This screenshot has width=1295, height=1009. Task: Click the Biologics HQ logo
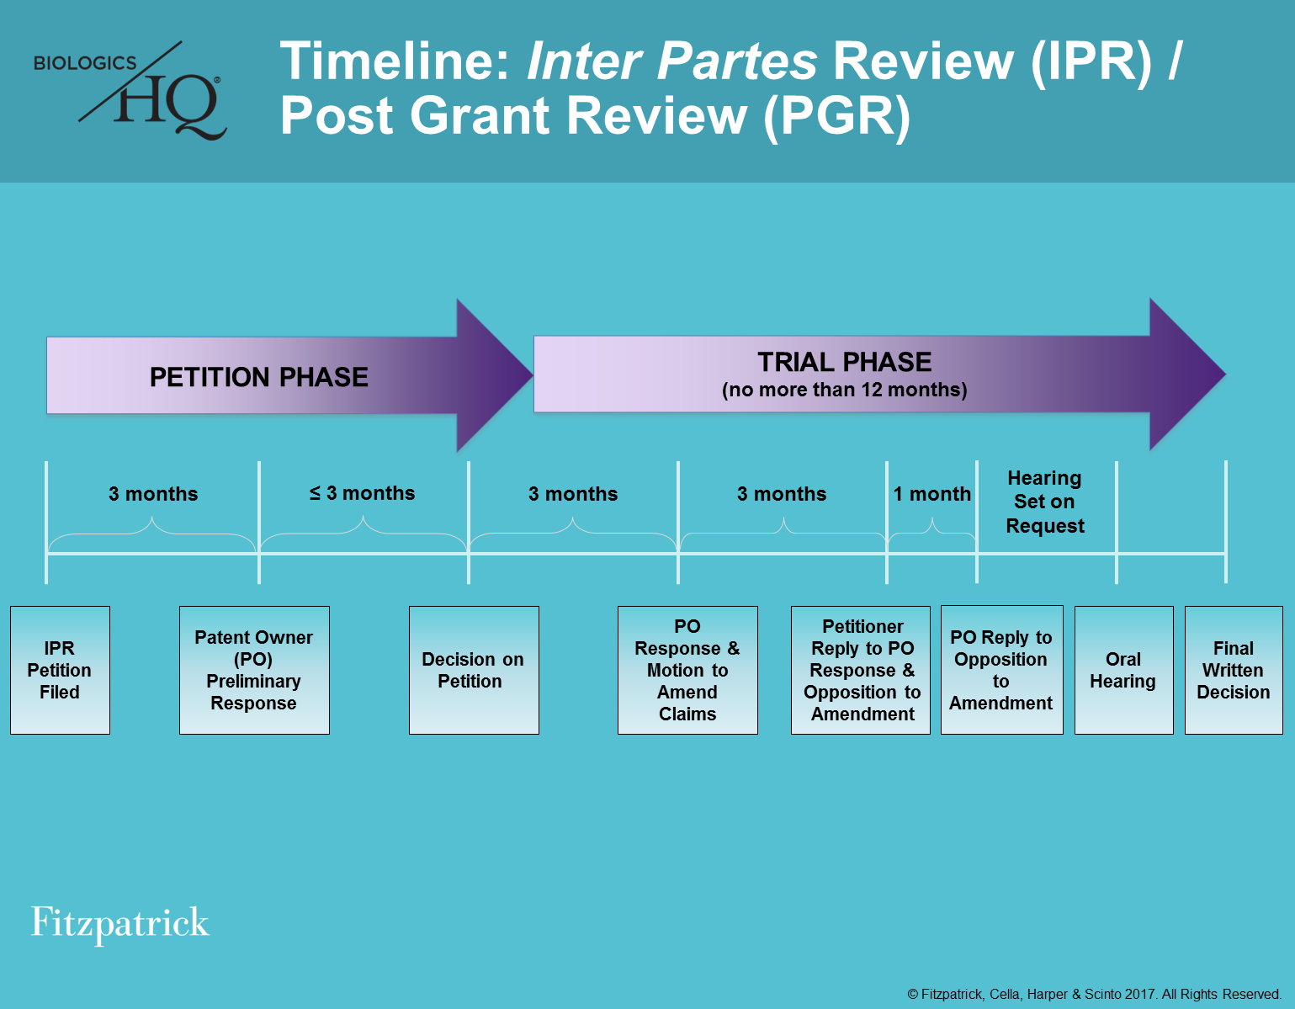(x=130, y=91)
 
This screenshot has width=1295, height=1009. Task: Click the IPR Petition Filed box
(x=60, y=670)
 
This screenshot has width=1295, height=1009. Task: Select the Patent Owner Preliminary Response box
(x=254, y=670)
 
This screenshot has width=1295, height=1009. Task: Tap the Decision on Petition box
(x=473, y=670)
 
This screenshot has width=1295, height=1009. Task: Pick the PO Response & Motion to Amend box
(x=687, y=670)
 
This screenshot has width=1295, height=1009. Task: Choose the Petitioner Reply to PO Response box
(x=861, y=670)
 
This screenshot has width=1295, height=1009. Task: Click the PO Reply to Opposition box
(x=1001, y=670)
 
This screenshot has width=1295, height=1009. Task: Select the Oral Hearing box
(x=1123, y=670)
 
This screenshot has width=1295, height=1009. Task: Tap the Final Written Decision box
(x=1234, y=670)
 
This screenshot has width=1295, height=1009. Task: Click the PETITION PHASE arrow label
(x=259, y=377)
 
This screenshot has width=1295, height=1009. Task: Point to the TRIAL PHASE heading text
(x=845, y=362)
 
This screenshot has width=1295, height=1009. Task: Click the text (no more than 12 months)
(x=845, y=390)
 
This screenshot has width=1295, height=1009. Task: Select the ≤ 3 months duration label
(x=363, y=493)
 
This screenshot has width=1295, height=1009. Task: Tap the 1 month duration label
(x=932, y=494)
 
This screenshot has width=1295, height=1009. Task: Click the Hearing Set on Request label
(x=1045, y=502)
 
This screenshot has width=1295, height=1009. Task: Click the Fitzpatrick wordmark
(x=119, y=923)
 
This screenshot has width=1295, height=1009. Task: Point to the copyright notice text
(x=1094, y=994)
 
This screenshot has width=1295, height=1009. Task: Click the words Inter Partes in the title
(x=671, y=61)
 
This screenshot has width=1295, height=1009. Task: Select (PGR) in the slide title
(x=837, y=115)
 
